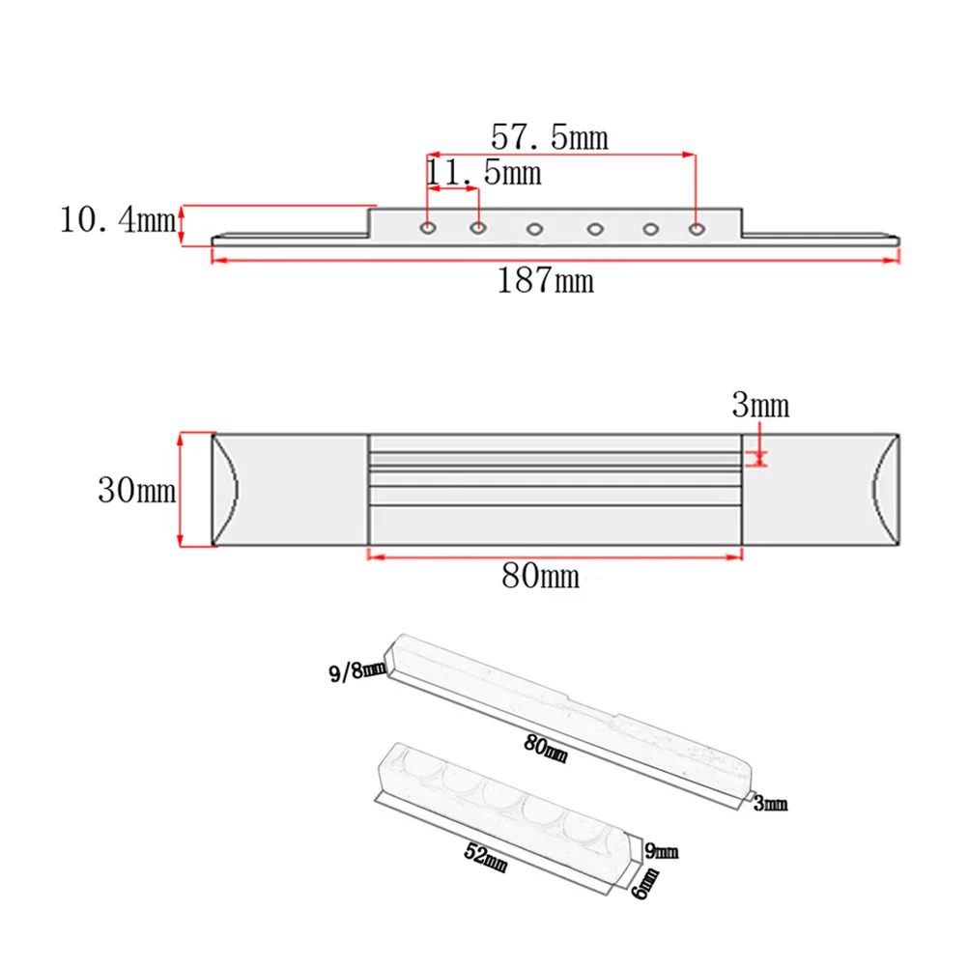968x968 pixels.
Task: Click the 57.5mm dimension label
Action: (550, 137)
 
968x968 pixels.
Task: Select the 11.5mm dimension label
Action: (484, 174)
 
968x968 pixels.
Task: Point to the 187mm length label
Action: (546, 281)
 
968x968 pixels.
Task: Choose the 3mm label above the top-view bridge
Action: (760, 406)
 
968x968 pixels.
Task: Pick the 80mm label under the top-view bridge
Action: (541, 577)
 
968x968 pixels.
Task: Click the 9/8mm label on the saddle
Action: (348, 669)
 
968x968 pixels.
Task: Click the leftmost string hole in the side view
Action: (428, 229)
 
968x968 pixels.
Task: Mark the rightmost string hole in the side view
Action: (696, 229)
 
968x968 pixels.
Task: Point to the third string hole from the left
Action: (534, 230)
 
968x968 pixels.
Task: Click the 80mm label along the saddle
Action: (545, 747)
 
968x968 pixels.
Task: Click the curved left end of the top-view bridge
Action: (225, 490)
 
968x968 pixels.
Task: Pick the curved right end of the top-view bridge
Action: (887, 490)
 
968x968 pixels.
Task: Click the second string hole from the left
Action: (478, 229)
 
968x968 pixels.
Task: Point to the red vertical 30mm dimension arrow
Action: (181, 490)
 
